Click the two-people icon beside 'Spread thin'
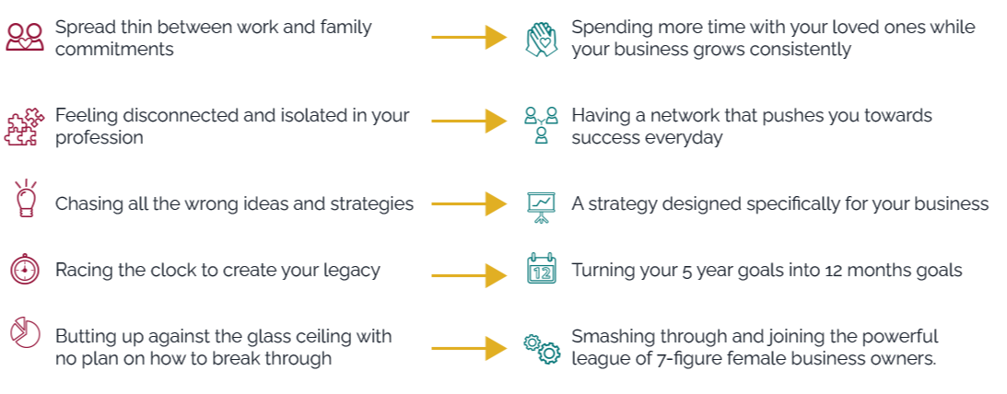[25, 38]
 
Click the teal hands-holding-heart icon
[541, 38]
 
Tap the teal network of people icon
[541, 125]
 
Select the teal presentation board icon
[541, 204]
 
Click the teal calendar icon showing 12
[541, 269]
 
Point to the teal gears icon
[541, 347]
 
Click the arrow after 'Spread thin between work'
[469, 38]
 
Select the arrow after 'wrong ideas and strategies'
[469, 203]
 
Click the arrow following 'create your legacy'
[469, 273]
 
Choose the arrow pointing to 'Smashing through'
[469, 348]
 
